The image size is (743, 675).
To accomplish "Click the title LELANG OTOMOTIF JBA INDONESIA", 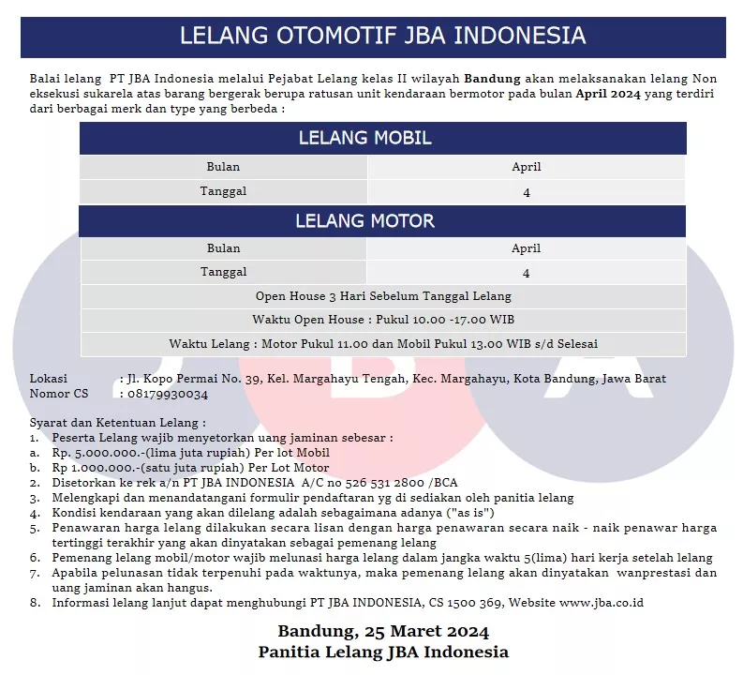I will coord(382,37).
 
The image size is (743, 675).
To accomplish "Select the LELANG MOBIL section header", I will coord(364,138).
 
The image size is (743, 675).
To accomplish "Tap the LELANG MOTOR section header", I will coord(364,221).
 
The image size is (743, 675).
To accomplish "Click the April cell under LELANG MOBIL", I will coord(526,167).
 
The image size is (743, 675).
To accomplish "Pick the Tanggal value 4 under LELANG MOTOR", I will coord(526,273).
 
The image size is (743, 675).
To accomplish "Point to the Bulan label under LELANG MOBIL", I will coord(223,167).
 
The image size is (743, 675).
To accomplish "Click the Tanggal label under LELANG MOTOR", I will coord(223,272).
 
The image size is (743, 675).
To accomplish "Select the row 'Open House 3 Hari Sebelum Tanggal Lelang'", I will coord(383,296).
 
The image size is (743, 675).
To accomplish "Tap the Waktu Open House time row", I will coord(383,320).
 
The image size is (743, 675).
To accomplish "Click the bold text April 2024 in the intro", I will coord(608,93).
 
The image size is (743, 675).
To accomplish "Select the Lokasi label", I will coord(49,379).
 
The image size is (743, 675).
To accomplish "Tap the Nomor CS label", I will coord(59,394).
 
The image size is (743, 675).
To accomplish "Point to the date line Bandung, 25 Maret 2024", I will coord(383,630).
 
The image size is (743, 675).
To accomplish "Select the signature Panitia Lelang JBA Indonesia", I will coord(383,652).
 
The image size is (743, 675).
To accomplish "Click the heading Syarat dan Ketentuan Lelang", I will coord(117,423).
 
